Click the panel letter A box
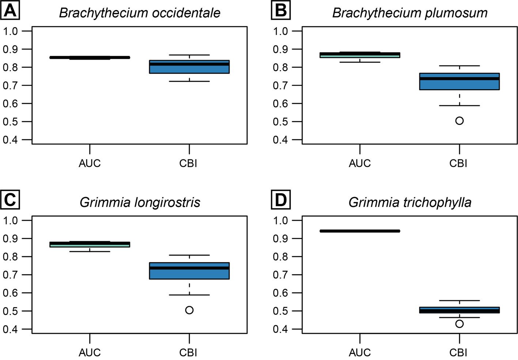[10, 10]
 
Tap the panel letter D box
[280, 200]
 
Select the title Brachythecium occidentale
[140, 13]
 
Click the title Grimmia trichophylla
[410, 202]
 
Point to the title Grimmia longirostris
[140, 202]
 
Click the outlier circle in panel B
[459, 121]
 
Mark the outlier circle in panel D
[459, 324]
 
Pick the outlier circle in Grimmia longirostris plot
[189, 310]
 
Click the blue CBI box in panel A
[189, 67]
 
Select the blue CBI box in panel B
[459, 82]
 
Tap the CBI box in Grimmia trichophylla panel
[459, 310]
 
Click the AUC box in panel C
[90, 244]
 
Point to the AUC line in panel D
[360, 231]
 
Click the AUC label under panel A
[90, 163]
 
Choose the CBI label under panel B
[458, 163]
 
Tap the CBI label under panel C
[188, 352]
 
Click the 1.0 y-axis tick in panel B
[280, 31]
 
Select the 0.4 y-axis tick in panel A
[10, 140]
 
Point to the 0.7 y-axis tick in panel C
[10, 275]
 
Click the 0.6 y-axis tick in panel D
[280, 293]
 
